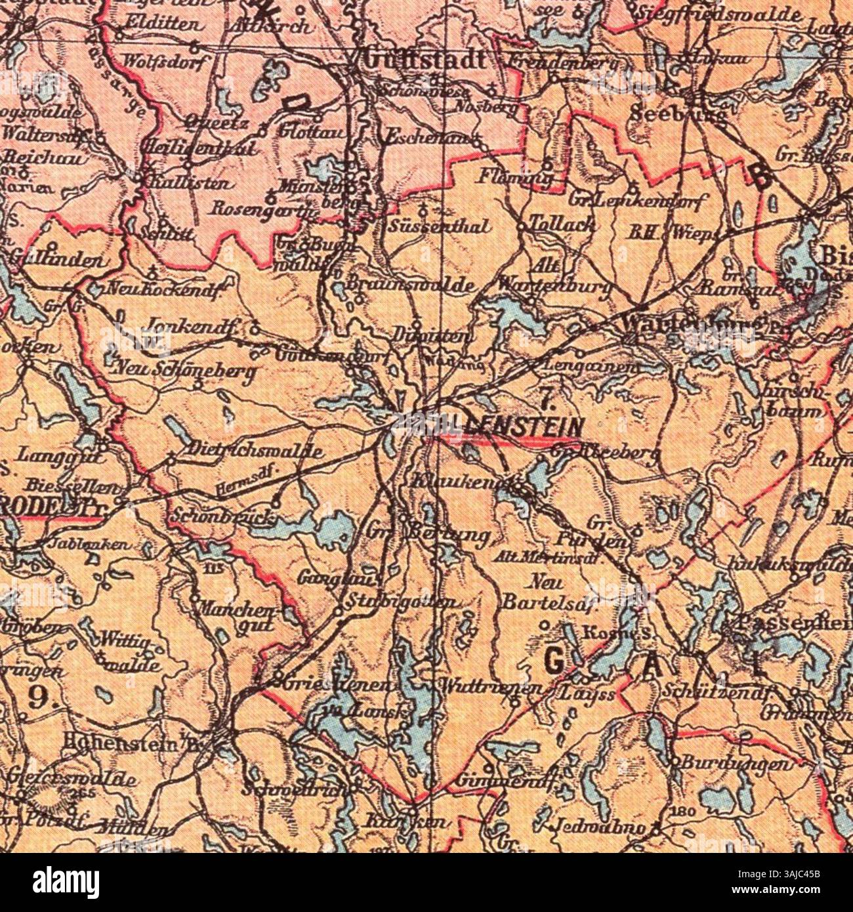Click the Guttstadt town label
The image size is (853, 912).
pyautogui.click(x=425, y=60)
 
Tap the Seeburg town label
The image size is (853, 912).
pyautogui.click(x=678, y=113)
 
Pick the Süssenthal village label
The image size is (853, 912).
pyautogui.click(x=439, y=227)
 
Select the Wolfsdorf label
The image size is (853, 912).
pyautogui.click(x=165, y=61)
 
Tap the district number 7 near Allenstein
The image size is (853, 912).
pyautogui.click(x=547, y=395)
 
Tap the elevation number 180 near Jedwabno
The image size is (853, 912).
pyautogui.click(x=682, y=812)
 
